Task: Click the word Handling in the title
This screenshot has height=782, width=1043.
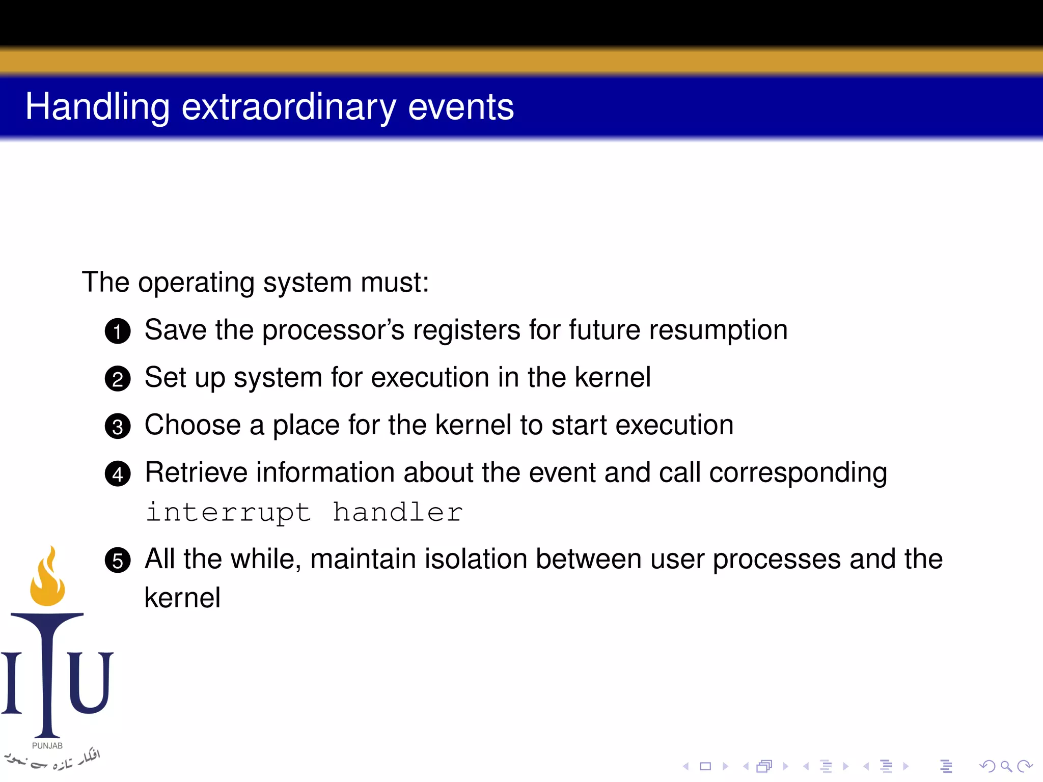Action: click(x=97, y=107)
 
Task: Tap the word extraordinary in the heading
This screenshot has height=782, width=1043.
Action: click(x=288, y=107)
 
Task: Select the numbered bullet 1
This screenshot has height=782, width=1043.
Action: click(x=118, y=331)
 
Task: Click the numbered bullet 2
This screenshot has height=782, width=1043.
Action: click(x=118, y=379)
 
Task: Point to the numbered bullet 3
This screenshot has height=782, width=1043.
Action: click(x=118, y=427)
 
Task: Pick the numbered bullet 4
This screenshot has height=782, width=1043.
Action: click(x=118, y=474)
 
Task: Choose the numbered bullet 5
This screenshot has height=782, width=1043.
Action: click(x=118, y=561)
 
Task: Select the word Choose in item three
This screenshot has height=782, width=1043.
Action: click(x=193, y=425)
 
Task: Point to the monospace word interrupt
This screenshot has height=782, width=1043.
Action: click(x=228, y=512)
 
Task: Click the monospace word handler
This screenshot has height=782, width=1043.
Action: click(x=397, y=512)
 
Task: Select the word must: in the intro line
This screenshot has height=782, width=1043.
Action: click(x=395, y=283)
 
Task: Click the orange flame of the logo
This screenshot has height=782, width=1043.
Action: click(x=47, y=580)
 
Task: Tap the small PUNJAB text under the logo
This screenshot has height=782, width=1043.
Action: click(x=47, y=745)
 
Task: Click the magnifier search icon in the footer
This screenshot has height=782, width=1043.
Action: click(x=1006, y=766)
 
